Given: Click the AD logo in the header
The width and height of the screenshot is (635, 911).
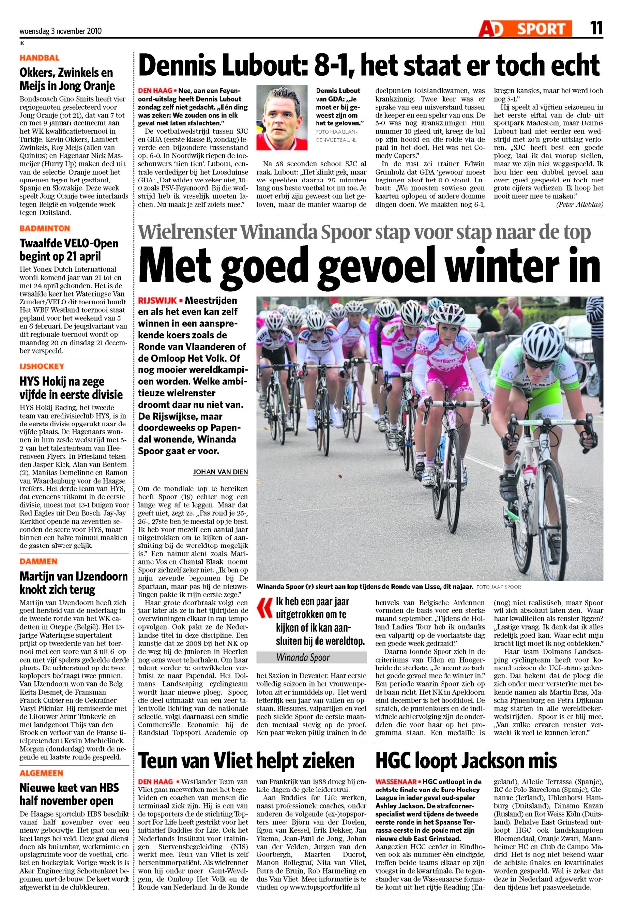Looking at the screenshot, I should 492,29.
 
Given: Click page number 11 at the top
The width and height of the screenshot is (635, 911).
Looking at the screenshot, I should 596,28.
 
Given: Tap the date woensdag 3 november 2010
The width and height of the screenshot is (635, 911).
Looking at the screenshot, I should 61,31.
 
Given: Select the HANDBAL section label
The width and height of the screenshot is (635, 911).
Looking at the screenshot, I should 39,58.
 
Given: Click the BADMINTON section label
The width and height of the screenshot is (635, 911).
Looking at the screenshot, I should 45,228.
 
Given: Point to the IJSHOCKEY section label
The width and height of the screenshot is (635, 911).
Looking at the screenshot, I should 42,366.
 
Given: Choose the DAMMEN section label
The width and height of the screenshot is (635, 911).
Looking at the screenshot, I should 38,561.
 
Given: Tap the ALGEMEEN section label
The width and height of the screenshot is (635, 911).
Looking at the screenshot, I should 42,773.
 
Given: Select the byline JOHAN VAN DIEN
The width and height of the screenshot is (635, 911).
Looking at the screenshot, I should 220,472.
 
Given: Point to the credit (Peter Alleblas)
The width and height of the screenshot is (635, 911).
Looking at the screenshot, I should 579,204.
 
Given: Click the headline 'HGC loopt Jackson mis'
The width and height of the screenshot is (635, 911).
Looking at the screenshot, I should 466,761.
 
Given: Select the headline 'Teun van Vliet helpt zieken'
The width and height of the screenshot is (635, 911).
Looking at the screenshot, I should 246,761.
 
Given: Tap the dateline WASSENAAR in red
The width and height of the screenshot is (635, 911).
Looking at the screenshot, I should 395,782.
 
